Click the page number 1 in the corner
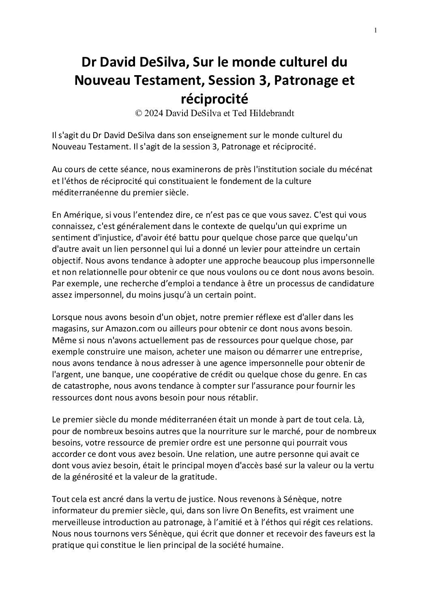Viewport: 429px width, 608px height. tap(375, 30)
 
